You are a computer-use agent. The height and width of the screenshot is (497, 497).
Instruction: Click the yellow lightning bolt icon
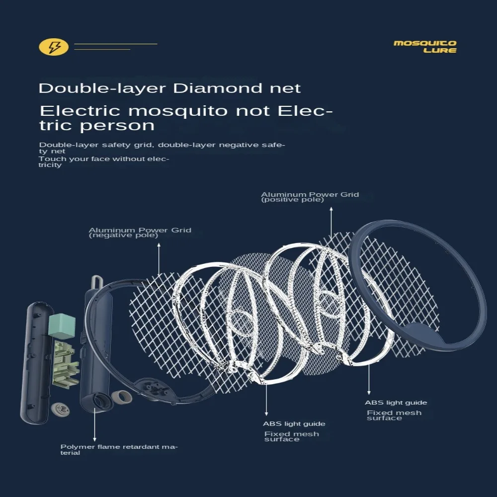pyautogui.click(x=53, y=48)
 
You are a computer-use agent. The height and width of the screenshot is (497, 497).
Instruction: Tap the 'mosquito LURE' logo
pyautogui.click(x=425, y=47)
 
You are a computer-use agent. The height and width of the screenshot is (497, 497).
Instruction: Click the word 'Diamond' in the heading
pyautogui.click(x=216, y=88)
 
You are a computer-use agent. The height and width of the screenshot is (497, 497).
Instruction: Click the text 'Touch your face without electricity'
pyautogui.click(x=104, y=162)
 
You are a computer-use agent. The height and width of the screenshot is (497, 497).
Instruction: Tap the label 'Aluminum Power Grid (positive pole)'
pyautogui.click(x=310, y=197)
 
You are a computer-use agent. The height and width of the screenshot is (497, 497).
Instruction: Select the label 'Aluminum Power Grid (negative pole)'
pyautogui.click(x=140, y=233)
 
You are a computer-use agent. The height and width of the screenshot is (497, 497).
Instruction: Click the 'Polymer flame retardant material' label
pyautogui.click(x=119, y=449)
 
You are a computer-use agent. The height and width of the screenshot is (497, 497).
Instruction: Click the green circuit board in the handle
pyautogui.click(x=66, y=363)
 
